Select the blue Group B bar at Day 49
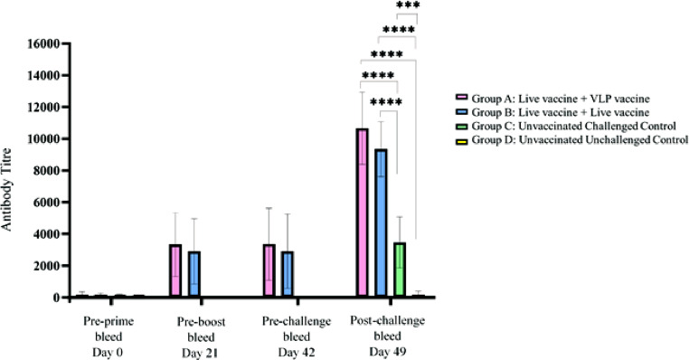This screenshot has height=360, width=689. tap(381, 223)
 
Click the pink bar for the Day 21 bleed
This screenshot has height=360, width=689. tap(175, 270)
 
